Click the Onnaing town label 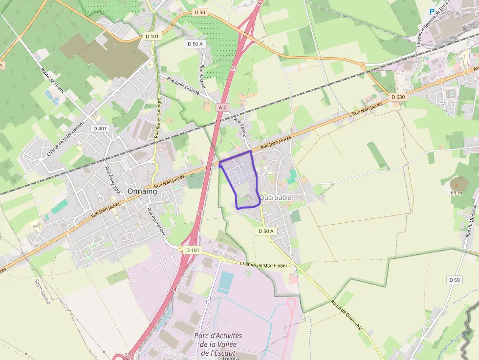142,191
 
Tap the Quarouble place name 276,198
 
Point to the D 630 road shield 398,97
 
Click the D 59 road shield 455,280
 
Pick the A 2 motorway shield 223,107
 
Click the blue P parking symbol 432,11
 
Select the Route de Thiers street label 53,80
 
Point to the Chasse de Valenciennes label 65,140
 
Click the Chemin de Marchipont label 263,264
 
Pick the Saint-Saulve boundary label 42,292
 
